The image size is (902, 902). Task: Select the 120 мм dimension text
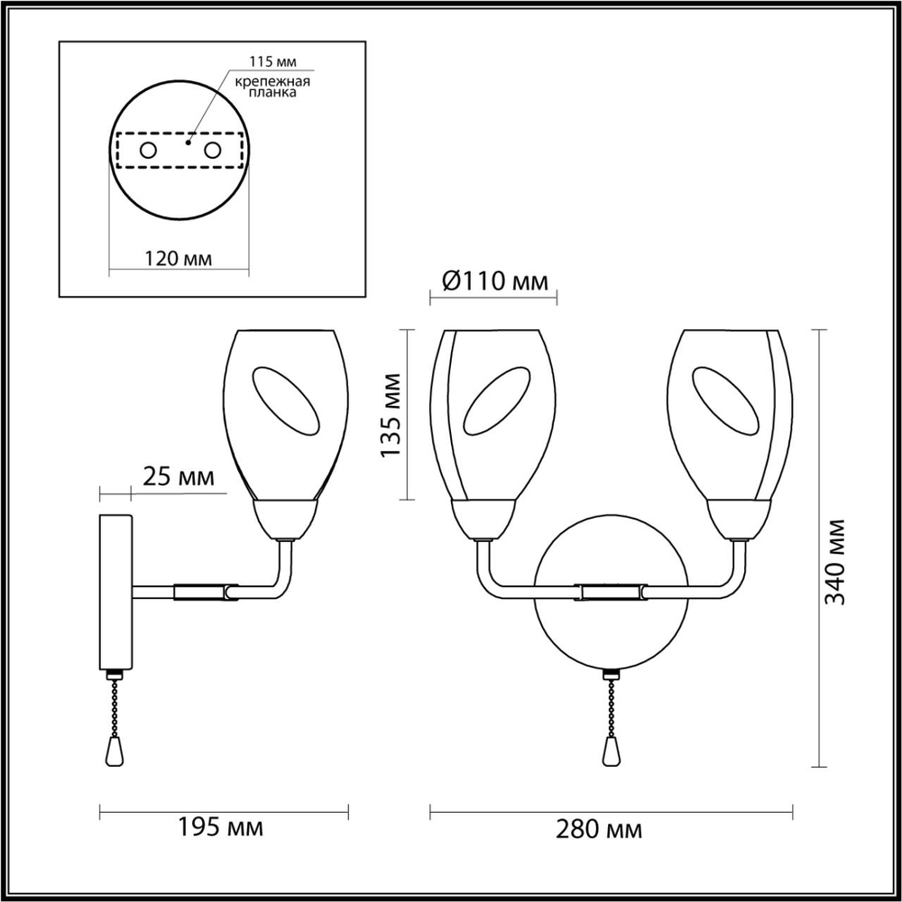click(x=179, y=258)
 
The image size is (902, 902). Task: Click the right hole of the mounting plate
click(x=213, y=151)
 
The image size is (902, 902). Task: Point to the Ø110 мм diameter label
click(x=495, y=282)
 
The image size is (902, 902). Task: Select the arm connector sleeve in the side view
click(x=201, y=592)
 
